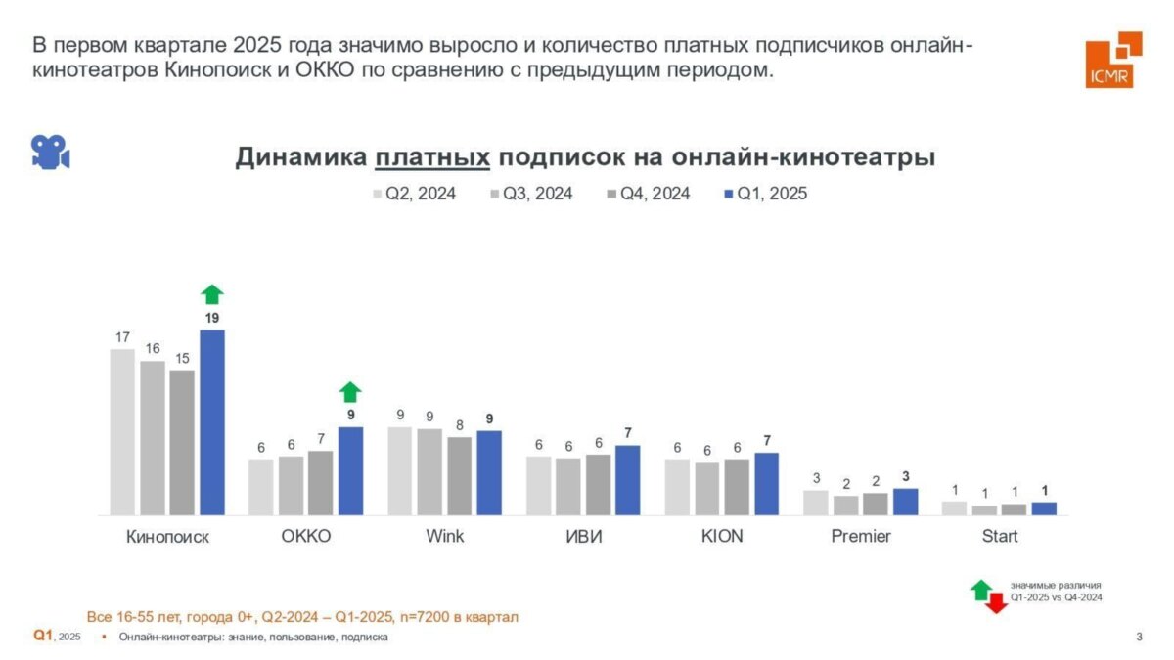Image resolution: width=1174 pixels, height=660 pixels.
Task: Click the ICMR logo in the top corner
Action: [x=1112, y=60]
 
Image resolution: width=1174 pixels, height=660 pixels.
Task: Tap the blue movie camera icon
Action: [x=50, y=152]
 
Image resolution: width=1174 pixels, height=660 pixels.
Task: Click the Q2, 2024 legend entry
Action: [x=414, y=194]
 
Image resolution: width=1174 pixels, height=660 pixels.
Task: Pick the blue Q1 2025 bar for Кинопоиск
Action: [x=212, y=421]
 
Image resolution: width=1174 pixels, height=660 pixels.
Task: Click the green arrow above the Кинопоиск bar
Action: [x=212, y=294]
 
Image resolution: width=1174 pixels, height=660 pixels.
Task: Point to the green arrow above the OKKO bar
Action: [x=350, y=392]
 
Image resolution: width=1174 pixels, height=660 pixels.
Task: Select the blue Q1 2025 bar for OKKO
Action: [x=350, y=470]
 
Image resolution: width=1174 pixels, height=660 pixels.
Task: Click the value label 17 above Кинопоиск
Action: [x=122, y=337]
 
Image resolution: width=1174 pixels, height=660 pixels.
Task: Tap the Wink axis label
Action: [x=445, y=537]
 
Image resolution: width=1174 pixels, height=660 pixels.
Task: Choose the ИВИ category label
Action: [x=583, y=537]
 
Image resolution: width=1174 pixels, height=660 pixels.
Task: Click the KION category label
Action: [x=722, y=537]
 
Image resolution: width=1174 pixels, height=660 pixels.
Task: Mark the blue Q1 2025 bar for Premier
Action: [x=906, y=502]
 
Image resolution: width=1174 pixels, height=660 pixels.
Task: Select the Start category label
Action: [x=1000, y=537]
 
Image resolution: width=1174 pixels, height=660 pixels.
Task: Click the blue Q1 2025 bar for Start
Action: [x=1044, y=508]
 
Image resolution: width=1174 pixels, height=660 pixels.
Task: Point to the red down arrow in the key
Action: [x=996, y=603]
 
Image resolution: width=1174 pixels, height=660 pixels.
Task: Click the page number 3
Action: [x=1139, y=638]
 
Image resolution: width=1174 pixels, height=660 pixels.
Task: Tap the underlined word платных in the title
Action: [x=431, y=157]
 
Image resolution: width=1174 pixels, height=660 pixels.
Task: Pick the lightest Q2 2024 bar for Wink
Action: [x=399, y=470]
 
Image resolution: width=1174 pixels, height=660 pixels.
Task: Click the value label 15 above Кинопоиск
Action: [x=182, y=359]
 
